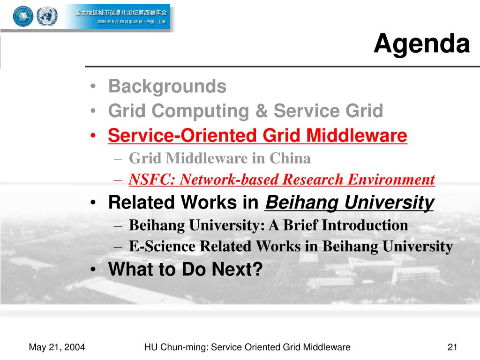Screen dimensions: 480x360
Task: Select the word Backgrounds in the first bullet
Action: (x=167, y=86)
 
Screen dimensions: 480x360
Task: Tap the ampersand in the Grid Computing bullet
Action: (x=261, y=111)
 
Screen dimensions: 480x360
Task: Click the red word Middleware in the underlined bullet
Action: (x=357, y=135)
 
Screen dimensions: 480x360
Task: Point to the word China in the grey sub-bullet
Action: (x=290, y=158)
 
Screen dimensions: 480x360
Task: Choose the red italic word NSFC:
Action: (x=151, y=180)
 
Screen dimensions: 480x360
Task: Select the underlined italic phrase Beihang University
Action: (x=350, y=203)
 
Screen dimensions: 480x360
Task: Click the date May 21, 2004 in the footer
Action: (x=57, y=347)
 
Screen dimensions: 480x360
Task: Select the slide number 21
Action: (x=452, y=347)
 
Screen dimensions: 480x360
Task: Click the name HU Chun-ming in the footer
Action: (x=176, y=347)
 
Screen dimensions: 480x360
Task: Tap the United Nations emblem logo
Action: (x=47, y=16)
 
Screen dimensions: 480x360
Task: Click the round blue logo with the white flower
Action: (x=23, y=16)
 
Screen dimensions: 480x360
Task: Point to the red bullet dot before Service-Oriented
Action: (x=93, y=135)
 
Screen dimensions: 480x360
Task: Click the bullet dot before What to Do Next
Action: (x=93, y=270)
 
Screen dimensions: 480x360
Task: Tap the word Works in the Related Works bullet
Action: (x=209, y=202)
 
